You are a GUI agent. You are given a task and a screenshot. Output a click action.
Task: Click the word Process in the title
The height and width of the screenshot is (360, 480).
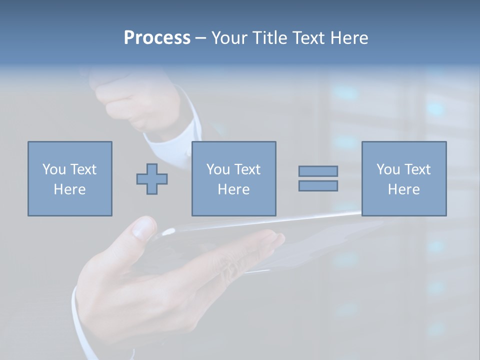(157, 38)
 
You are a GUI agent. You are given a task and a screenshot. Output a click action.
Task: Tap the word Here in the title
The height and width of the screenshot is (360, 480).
(347, 38)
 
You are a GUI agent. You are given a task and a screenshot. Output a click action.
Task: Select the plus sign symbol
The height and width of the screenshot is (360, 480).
(152, 178)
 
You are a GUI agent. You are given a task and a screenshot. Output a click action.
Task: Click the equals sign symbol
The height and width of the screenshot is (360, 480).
(318, 178)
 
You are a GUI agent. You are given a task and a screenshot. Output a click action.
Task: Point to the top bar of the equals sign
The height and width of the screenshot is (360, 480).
(318, 171)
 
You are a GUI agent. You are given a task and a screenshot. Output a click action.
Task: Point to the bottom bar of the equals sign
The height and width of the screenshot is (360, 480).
(318, 185)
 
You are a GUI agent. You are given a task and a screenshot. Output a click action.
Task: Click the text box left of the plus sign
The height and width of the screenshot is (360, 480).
(69, 178)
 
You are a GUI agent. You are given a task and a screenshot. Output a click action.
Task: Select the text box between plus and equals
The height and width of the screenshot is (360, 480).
(233, 178)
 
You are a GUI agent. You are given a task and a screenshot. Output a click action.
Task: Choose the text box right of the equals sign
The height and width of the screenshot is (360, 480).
(403, 178)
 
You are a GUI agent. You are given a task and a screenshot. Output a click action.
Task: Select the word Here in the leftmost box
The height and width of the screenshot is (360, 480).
(69, 189)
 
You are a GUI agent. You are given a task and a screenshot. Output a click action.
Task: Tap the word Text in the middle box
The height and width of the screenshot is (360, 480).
(247, 169)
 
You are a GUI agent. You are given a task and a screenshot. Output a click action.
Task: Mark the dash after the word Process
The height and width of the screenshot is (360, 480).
(200, 38)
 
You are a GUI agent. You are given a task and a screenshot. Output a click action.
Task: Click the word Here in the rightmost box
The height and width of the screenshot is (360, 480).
(403, 189)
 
